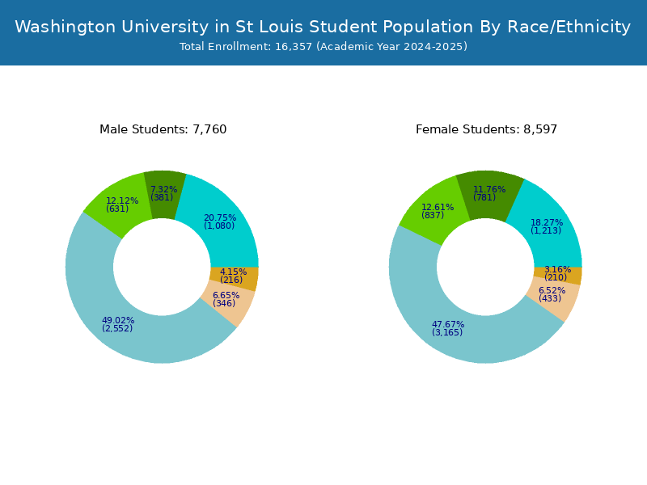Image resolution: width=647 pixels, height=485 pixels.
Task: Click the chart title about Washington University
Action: [323, 27]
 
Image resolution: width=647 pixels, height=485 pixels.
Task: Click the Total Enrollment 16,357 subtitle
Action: [323, 47]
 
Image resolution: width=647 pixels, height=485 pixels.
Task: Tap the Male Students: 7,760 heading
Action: [163, 129]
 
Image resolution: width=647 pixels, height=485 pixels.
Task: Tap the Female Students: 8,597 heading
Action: [486, 129]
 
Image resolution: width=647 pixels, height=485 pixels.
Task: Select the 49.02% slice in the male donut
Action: [121, 323]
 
